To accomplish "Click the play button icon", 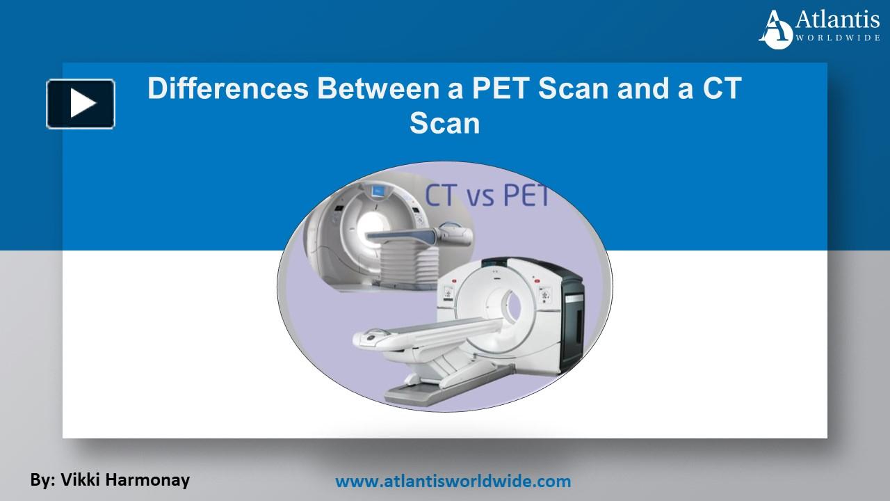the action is tap(81, 104).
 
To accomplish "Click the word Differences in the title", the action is tap(227, 88).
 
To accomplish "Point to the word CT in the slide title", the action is tap(722, 88).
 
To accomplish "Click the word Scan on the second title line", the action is tap(444, 123).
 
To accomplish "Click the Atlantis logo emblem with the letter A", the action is tap(775, 30).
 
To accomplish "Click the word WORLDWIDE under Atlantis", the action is tap(836, 38).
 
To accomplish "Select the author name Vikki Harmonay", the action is tap(125, 480).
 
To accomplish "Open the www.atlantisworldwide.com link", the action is tap(453, 481).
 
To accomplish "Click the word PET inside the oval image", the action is tap(527, 195).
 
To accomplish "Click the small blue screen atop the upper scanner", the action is tap(376, 191).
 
